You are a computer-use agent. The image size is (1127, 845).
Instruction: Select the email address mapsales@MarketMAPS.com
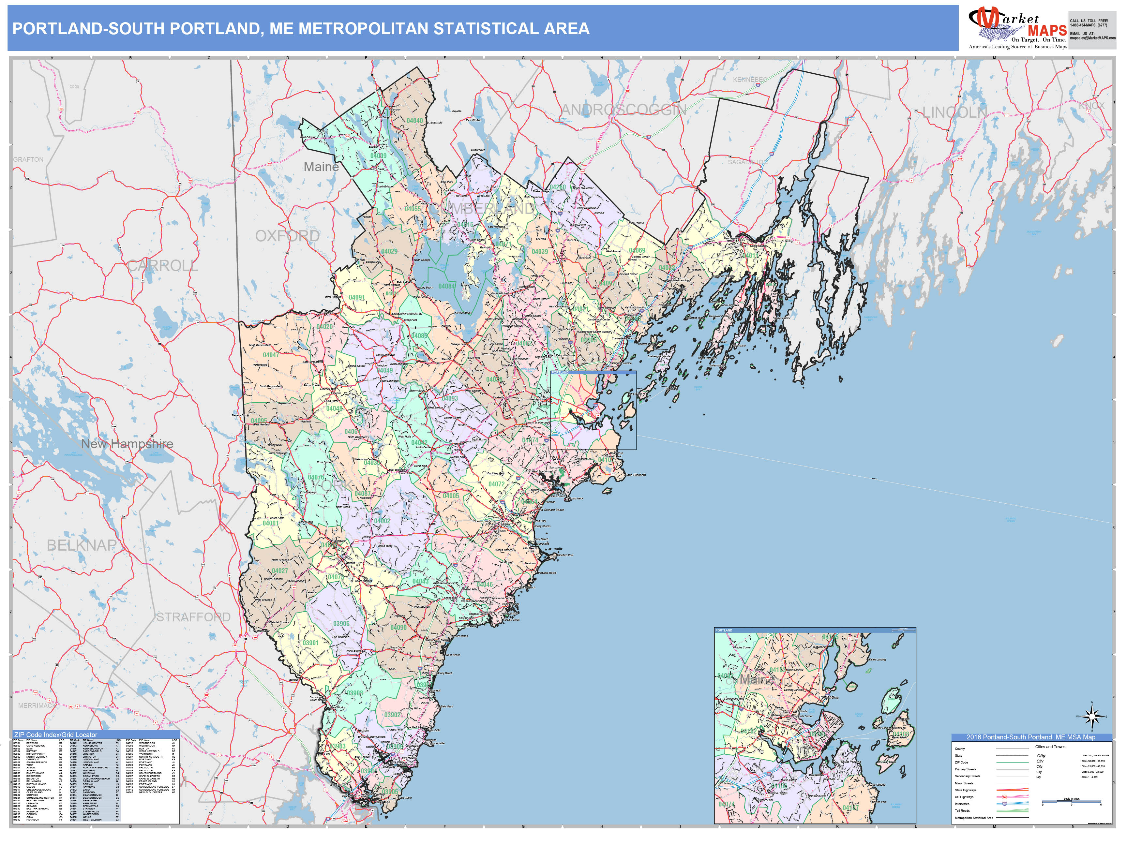tap(1092, 38)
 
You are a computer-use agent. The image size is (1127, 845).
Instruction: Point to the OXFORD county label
tap(287, 236)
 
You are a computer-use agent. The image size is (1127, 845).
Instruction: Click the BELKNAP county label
tap(82, 545)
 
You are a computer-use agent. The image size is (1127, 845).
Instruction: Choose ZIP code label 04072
tap(496, 484)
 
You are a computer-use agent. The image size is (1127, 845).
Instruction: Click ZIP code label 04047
tap(271, 355)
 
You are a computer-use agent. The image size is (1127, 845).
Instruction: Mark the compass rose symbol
tap(1092, 717)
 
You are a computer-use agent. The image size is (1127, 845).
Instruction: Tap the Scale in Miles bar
tap(1072, 803)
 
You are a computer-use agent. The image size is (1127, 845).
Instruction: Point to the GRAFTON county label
tap(28, 159)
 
